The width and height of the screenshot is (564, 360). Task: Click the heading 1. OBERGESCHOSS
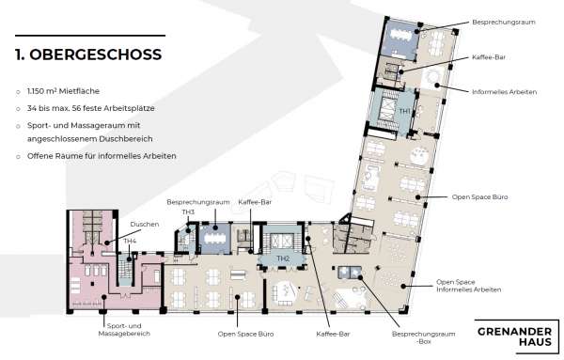pos(88,55)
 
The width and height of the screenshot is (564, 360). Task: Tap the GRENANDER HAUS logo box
pos(516,337)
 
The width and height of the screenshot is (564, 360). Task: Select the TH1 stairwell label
pos(404,111)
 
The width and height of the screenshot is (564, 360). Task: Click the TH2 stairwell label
pos(283,258)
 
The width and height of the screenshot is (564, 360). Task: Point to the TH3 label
pos(188,212)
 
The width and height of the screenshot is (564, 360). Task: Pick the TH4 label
pos(130,241)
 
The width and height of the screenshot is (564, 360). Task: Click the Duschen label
pos(145,224)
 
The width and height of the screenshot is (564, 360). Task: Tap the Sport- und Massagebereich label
pos(124,330)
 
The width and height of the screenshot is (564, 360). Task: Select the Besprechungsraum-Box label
pos(423,337)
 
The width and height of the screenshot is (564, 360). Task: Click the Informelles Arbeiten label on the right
pos(504,92)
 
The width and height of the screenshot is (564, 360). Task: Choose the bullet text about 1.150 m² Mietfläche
pos(63,91)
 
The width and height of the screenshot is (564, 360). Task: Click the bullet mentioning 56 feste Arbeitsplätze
pos(90,108)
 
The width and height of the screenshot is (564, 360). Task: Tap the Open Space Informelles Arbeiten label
pos(469,286)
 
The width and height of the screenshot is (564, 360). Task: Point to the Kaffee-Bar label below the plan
pos(333,334)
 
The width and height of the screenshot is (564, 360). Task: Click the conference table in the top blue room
pos(402,35)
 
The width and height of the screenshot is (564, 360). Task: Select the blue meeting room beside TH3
pos(215,239)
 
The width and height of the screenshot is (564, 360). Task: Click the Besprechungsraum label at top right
pos(504,22)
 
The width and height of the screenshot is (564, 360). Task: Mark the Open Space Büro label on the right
pos(479,196)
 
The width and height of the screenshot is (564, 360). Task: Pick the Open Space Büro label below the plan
pos(245,334)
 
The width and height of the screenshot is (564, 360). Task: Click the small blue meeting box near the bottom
pos(350,273)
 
